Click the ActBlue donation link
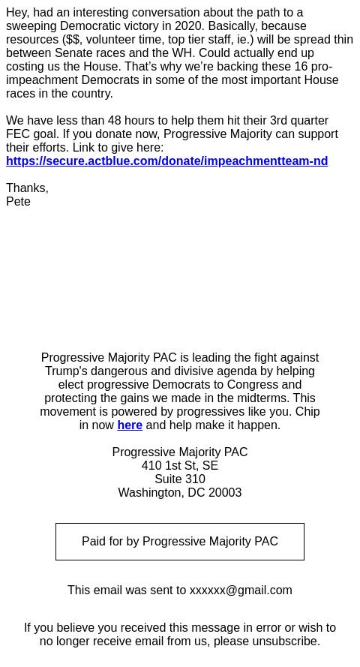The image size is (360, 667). (x=166, y=161)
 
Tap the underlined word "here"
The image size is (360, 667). (x=130, y=425)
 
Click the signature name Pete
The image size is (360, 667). (x=18, y=201)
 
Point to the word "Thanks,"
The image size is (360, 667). (x=27, y=188)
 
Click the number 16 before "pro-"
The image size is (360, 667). (x=301, y=66)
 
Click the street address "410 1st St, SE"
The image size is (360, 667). (x=180, y=465)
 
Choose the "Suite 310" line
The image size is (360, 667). (x=180, y=479)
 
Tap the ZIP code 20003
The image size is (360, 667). (x=225, y=492)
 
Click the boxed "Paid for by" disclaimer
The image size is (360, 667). (x=180, y=541)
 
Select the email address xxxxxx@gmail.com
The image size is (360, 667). (x=241, y=590)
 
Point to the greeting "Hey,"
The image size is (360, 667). (x=18, y=12)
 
